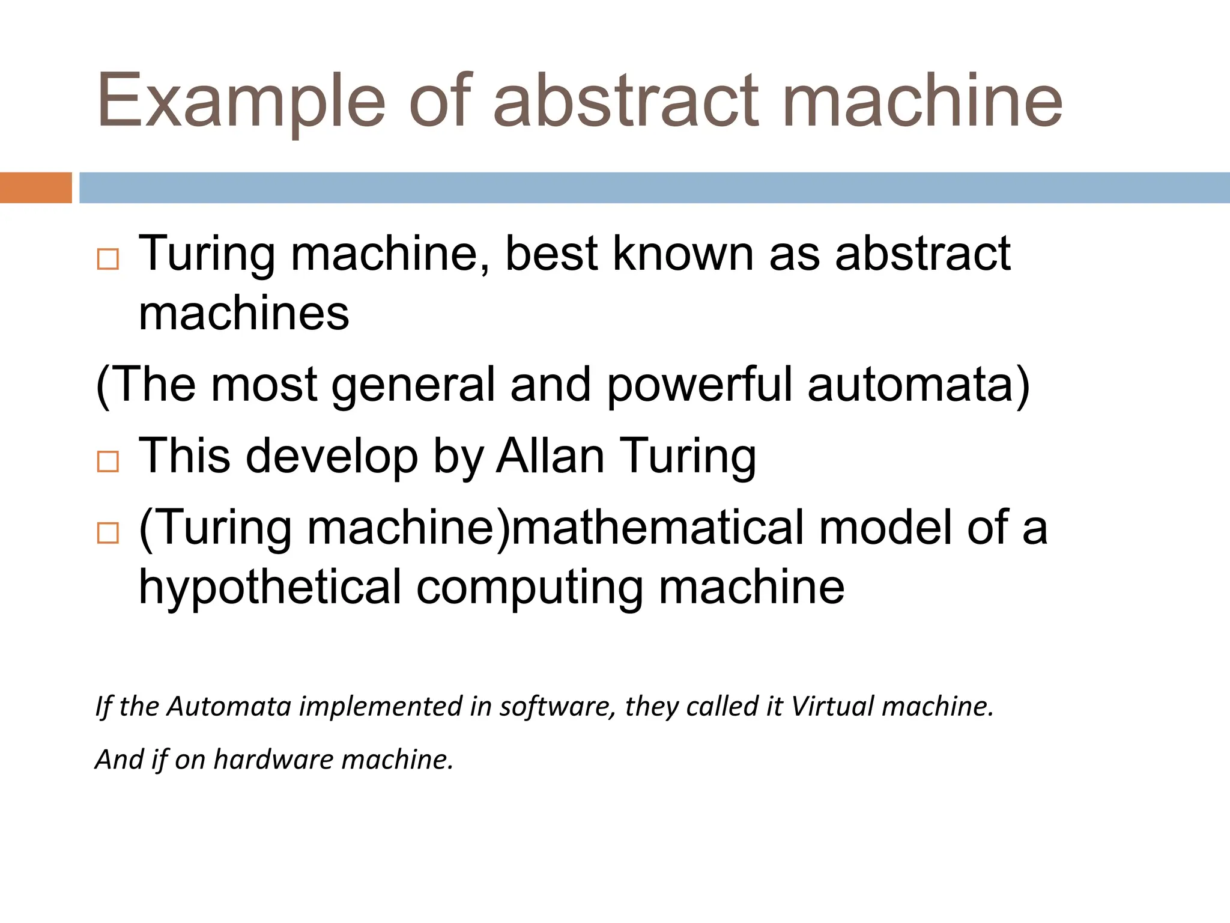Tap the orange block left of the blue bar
[35, 187]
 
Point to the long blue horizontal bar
[655, 187]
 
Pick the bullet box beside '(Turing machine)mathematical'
[108, 532]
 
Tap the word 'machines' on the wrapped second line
[244, 314]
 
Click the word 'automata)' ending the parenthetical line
[919, 385]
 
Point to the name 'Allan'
[550, 456]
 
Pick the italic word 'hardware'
[273, 760]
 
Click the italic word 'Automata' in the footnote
[229, 707]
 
